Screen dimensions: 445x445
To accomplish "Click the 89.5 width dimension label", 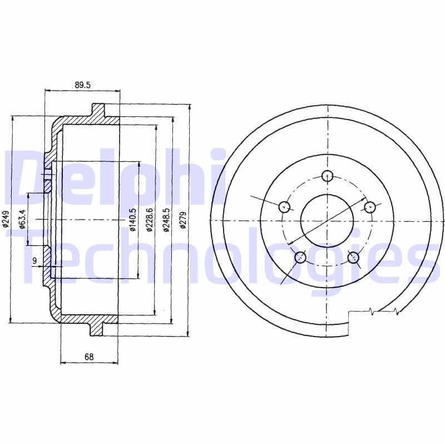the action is [x=82, y=85].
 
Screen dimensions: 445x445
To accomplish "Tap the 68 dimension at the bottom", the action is [x=89, y=357].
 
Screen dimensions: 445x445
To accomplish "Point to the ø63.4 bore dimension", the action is [x=22, y=219].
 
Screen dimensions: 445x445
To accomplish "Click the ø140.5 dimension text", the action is [x=133, y=220].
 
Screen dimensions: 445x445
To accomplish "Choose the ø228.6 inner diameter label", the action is [x=150, y=220].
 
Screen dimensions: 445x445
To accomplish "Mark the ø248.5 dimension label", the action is [x=166, y=220].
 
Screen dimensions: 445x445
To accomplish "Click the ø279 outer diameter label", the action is [x=183, y=220].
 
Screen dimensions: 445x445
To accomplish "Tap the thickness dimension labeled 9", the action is [x=34, y=260].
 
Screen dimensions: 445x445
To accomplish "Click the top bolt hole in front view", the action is [x=328, y=176].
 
